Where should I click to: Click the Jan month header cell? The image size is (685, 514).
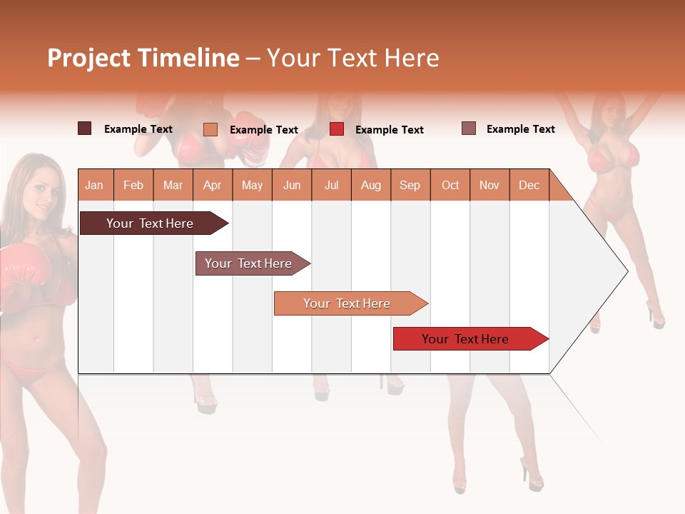95,185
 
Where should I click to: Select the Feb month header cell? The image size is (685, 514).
133,185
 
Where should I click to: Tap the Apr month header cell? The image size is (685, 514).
213,185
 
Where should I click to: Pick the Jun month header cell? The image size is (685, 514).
292,185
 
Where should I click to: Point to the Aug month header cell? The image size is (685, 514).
371,185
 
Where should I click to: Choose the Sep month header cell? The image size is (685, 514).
410,185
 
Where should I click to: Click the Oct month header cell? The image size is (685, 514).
450,185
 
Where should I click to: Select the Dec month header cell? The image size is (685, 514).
529,185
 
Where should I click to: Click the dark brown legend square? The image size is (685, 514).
85,128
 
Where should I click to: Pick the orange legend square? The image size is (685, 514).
210,129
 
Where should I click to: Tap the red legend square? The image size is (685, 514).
337,129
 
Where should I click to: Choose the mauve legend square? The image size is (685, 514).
469,128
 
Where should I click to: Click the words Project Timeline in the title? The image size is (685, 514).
143,58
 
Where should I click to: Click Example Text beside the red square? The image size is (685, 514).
390,130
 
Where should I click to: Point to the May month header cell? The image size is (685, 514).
252,185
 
